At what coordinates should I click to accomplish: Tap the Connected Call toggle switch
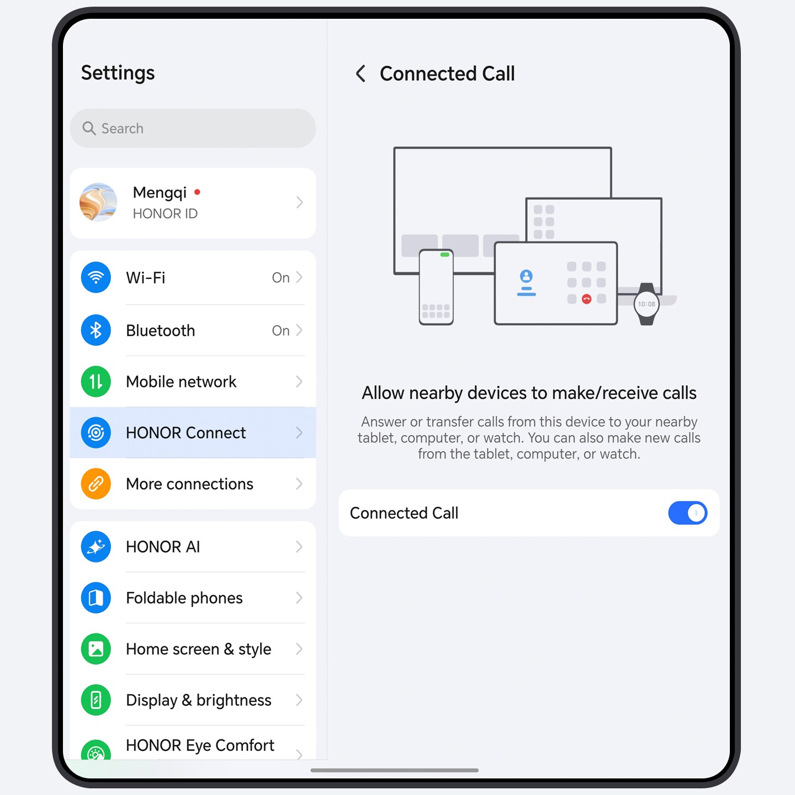687,513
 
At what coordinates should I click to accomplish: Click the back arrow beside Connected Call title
361,73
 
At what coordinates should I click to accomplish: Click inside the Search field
204,129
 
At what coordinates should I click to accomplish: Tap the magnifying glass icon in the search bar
89,129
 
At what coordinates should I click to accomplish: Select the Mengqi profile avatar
98,203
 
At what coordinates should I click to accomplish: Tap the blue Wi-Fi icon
96,277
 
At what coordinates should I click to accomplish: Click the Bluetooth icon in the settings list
96,330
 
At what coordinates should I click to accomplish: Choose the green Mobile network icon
96,381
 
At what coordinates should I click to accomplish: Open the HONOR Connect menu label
185,433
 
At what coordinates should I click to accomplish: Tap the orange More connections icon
96,484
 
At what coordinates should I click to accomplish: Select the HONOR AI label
163,547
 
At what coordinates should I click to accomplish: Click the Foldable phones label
184,598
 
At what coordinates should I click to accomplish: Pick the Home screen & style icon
96,649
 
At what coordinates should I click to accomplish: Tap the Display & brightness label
199,700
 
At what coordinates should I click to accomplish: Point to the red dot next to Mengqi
197,192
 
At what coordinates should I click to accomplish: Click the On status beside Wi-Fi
280,278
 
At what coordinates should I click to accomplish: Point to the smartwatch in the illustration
646,304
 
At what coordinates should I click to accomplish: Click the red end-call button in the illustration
586,299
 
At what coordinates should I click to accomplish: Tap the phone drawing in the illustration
436,287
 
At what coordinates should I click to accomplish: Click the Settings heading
118,73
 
